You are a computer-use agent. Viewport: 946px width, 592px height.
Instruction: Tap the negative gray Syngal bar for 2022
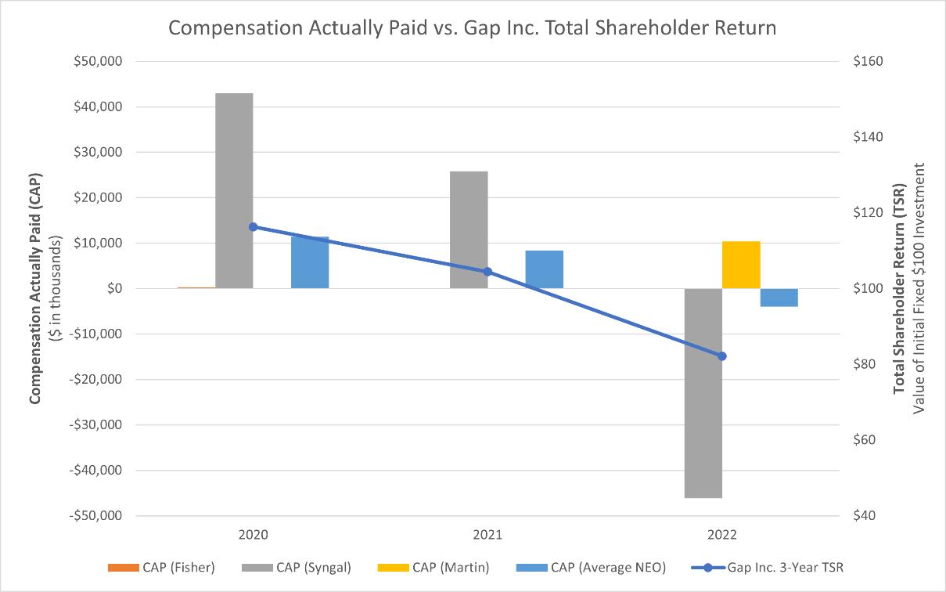(703, 392)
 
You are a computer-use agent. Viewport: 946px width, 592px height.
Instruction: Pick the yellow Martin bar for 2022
(741, 265)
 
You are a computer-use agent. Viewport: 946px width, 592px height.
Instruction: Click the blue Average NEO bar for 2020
(310, 262)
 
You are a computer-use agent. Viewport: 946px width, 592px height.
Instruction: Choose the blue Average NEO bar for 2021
(545, 269)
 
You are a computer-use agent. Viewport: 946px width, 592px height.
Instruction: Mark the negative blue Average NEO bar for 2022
(779, 298)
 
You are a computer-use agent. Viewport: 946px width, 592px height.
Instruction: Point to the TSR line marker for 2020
(253, 227)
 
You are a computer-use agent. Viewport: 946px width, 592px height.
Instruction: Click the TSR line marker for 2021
(487, 272)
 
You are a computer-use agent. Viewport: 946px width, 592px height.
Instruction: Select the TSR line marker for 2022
(722, 356)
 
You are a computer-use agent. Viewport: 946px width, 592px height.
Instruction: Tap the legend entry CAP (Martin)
(438, 567)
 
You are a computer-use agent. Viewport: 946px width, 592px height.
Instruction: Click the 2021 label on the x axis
(487, 535)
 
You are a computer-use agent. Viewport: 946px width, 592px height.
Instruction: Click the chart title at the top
(473, 28)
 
